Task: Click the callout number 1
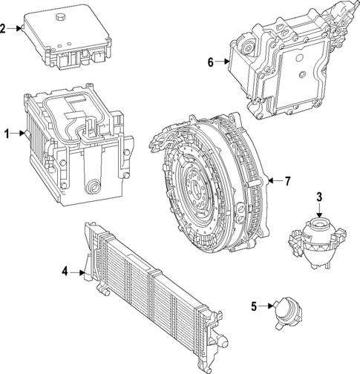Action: (7, 134)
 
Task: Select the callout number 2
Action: (4, 29)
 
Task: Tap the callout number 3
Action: (318, 197)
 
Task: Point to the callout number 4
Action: (65, 272)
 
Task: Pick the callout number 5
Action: (253, 305)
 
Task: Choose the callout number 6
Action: (211, 62)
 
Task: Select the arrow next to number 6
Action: (223, 62)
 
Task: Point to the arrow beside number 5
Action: (266, 305)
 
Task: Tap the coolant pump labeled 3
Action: (315, 237)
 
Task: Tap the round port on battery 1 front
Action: (94, 186)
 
